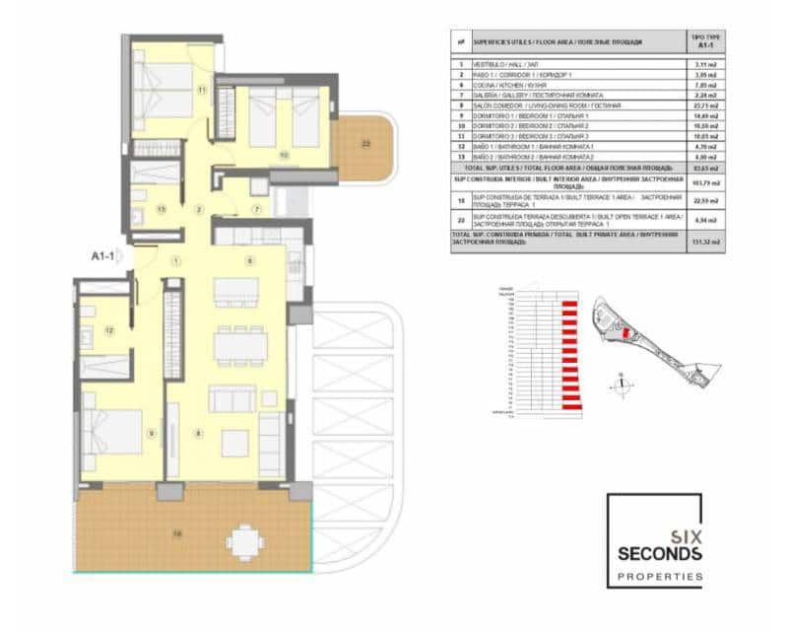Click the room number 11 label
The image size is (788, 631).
(x=201, y=90)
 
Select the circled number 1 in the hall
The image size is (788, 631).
(x=175, y=260)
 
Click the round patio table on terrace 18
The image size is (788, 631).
(x=242, y=540)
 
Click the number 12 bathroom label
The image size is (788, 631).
(x=109, y=330)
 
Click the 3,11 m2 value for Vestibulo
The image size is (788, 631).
(x=702, y=62)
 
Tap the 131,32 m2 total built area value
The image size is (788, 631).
(x=702, y=239)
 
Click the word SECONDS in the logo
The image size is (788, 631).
(x=654, y=554)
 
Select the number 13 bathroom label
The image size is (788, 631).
(x=161, y=208)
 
